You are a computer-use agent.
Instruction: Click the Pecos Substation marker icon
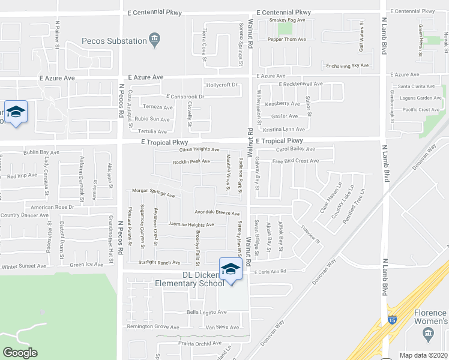tap(155, 41)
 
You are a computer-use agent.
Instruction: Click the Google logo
tap(20, 352)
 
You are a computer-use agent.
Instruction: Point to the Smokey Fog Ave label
tap(288, 20)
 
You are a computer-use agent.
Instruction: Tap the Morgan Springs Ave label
tap(154, 193)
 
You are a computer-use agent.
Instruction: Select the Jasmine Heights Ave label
tap(191, 224)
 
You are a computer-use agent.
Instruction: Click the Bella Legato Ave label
tap(206, 312)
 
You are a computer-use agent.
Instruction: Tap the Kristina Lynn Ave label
tap(284, 129)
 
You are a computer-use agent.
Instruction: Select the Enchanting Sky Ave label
tap(346, 65)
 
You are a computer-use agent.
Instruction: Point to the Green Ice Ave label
tap(86, 265)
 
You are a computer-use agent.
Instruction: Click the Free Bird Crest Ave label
tap(295, 161)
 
